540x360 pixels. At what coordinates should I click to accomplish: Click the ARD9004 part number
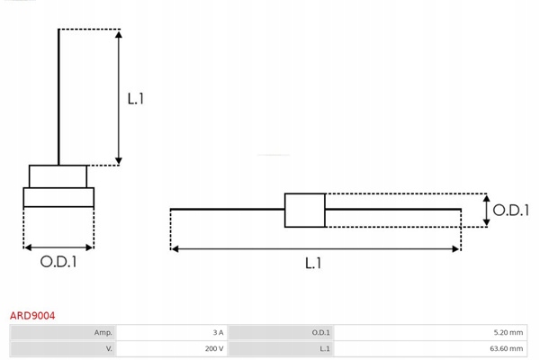32,316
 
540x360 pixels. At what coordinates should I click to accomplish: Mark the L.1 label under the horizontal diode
313,263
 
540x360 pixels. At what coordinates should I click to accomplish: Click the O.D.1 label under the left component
58,263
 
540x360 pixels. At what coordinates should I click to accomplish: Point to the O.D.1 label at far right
510,210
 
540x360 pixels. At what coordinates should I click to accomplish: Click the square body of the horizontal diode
304,210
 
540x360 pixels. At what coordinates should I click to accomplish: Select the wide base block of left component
58,198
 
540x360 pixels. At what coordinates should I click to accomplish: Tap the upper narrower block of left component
58,175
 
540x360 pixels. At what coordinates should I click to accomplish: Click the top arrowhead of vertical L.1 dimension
119,34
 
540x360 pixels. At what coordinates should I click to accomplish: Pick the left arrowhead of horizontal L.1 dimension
175,247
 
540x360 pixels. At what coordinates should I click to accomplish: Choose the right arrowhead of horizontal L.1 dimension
456,247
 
